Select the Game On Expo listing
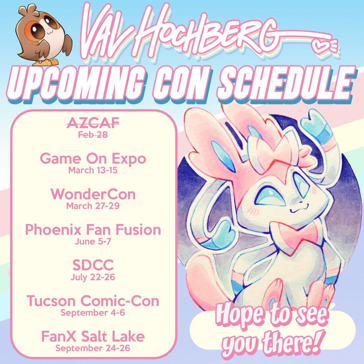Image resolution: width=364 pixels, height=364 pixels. point(93,159)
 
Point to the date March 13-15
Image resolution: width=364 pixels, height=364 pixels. point(93,170)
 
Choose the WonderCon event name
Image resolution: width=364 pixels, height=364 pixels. point(93,194)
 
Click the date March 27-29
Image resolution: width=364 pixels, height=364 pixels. point(93,206)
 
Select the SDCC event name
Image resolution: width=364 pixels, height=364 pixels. point(93,265)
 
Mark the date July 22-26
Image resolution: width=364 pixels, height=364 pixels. point(93,277)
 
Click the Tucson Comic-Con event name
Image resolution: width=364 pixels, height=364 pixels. point(93,301)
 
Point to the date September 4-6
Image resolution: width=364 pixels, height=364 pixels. point(93,312)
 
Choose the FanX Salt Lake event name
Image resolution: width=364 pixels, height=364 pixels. point(93,336)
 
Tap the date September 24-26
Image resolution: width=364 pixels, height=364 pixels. point(93,348)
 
